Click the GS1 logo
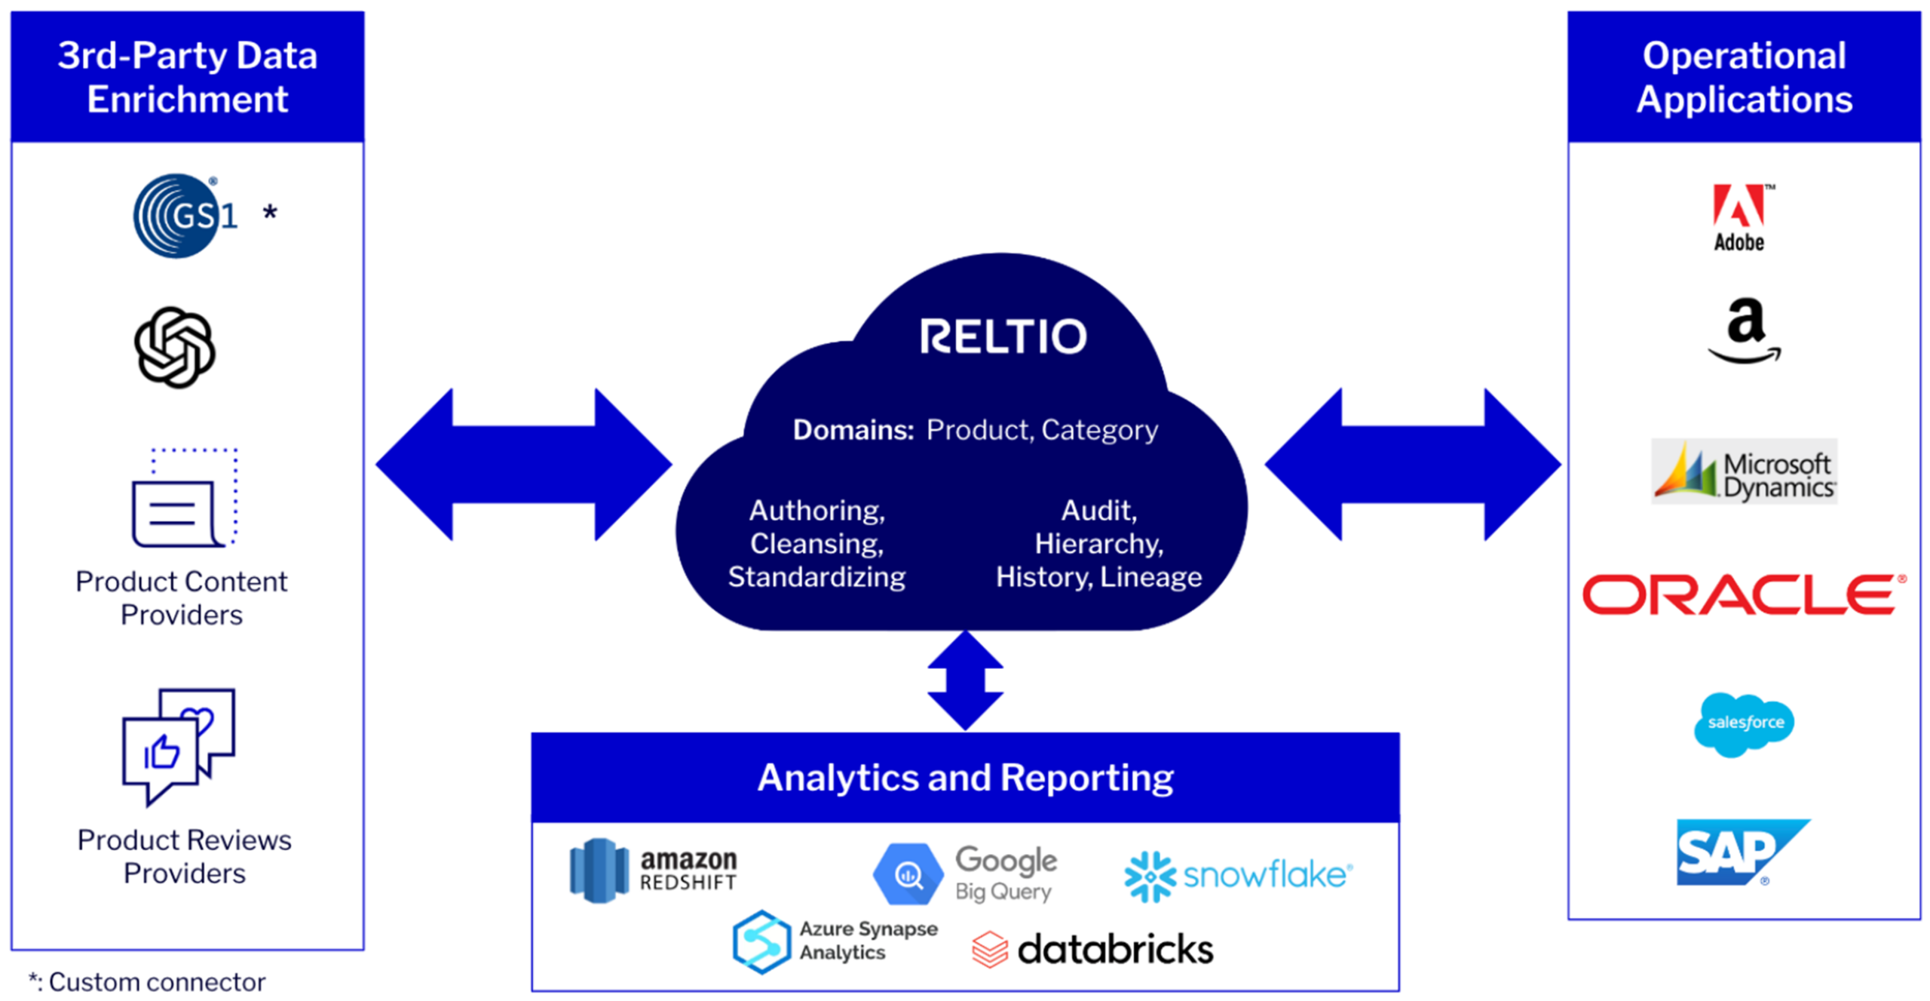(184, 216)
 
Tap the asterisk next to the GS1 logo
(270, 213)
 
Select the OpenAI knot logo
(175, 347)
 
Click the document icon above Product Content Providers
(184, 498)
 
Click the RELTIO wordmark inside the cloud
(1003, 336)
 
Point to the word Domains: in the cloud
(853, 430)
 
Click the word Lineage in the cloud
(1150, 577)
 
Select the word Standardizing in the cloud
(816, 577)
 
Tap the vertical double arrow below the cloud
(965, 680)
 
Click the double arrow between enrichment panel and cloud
(523, 465)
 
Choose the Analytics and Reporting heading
(965, 778)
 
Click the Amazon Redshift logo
(653, 871)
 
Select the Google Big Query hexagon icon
(908, 874)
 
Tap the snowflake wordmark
(1267, 875)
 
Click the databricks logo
(1093, 949)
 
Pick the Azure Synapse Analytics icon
(761, 941)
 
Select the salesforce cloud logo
(1744, 724)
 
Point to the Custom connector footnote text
(148, 982)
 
